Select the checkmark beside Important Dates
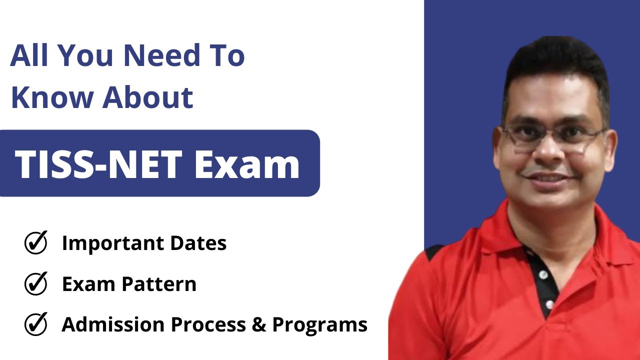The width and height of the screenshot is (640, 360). coord(35,243)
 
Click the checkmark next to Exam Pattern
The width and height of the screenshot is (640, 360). coord(35,284)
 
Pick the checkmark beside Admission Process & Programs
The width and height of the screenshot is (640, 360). coord(35,324)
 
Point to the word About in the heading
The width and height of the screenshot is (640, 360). coord(148,97)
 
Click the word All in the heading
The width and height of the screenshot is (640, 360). coord(30,56)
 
